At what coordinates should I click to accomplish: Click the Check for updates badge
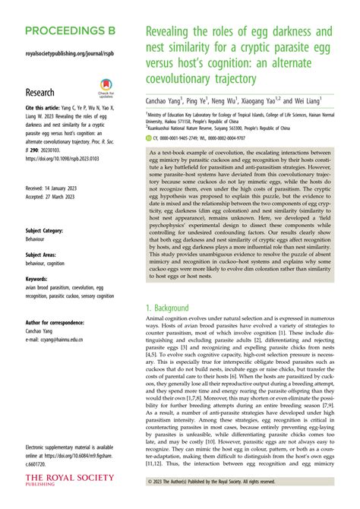[x=106, y=88]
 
